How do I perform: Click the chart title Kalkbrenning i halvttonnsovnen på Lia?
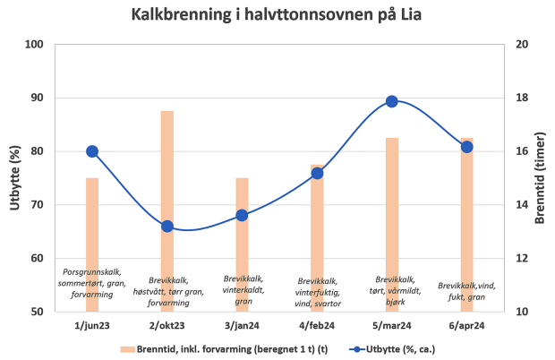[x=277, y=15]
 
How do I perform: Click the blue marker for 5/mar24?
[x=392, y=101]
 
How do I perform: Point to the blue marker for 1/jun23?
[x=92, y=151]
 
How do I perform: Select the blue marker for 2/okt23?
[x=167, y=227]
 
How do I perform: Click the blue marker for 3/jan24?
[x=242, y=215]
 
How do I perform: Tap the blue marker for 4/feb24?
[x=317, y=173]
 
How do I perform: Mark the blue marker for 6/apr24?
[x=466, y=146]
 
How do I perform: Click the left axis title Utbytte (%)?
[x=15, y=178]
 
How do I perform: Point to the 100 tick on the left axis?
[x=35, y=45]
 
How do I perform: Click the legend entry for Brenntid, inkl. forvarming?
[x=233, y=347]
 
